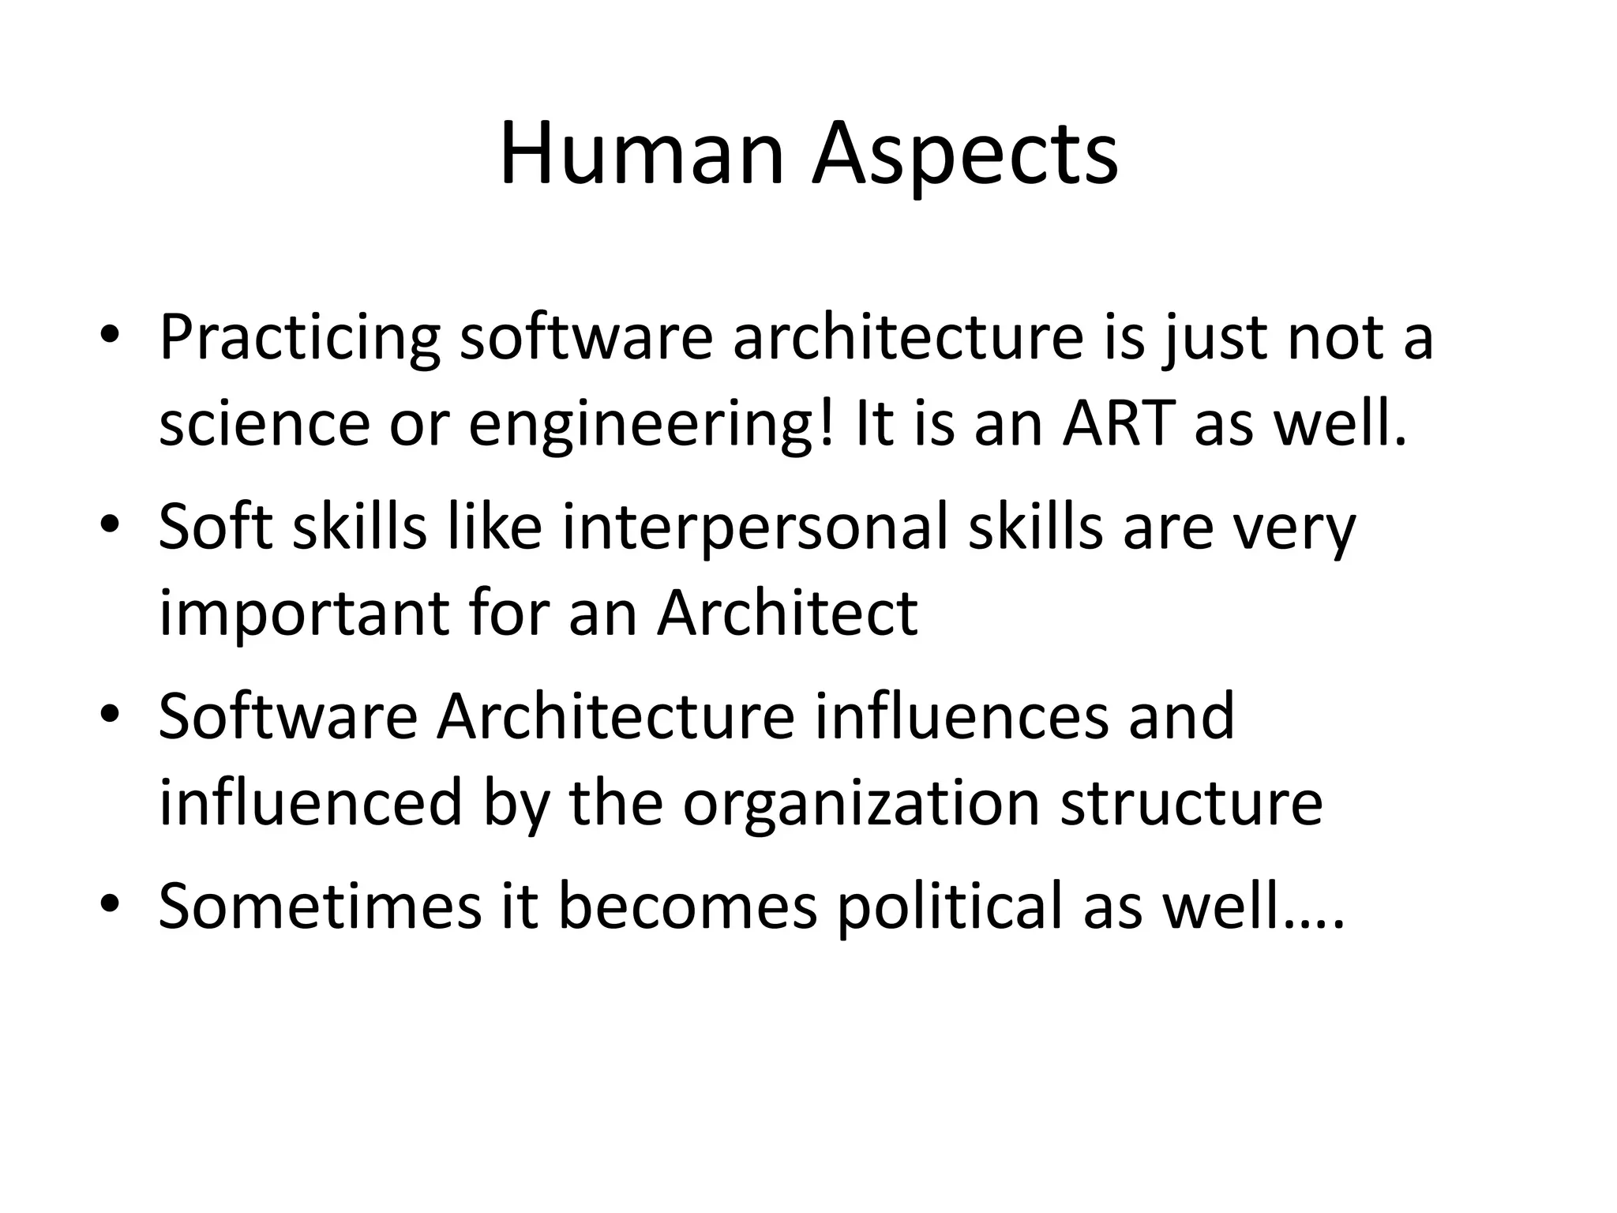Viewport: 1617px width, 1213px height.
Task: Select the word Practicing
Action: point(299,338)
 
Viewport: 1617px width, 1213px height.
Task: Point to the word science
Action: point(264,424)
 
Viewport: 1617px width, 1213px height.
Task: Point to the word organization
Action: point(860,803)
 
